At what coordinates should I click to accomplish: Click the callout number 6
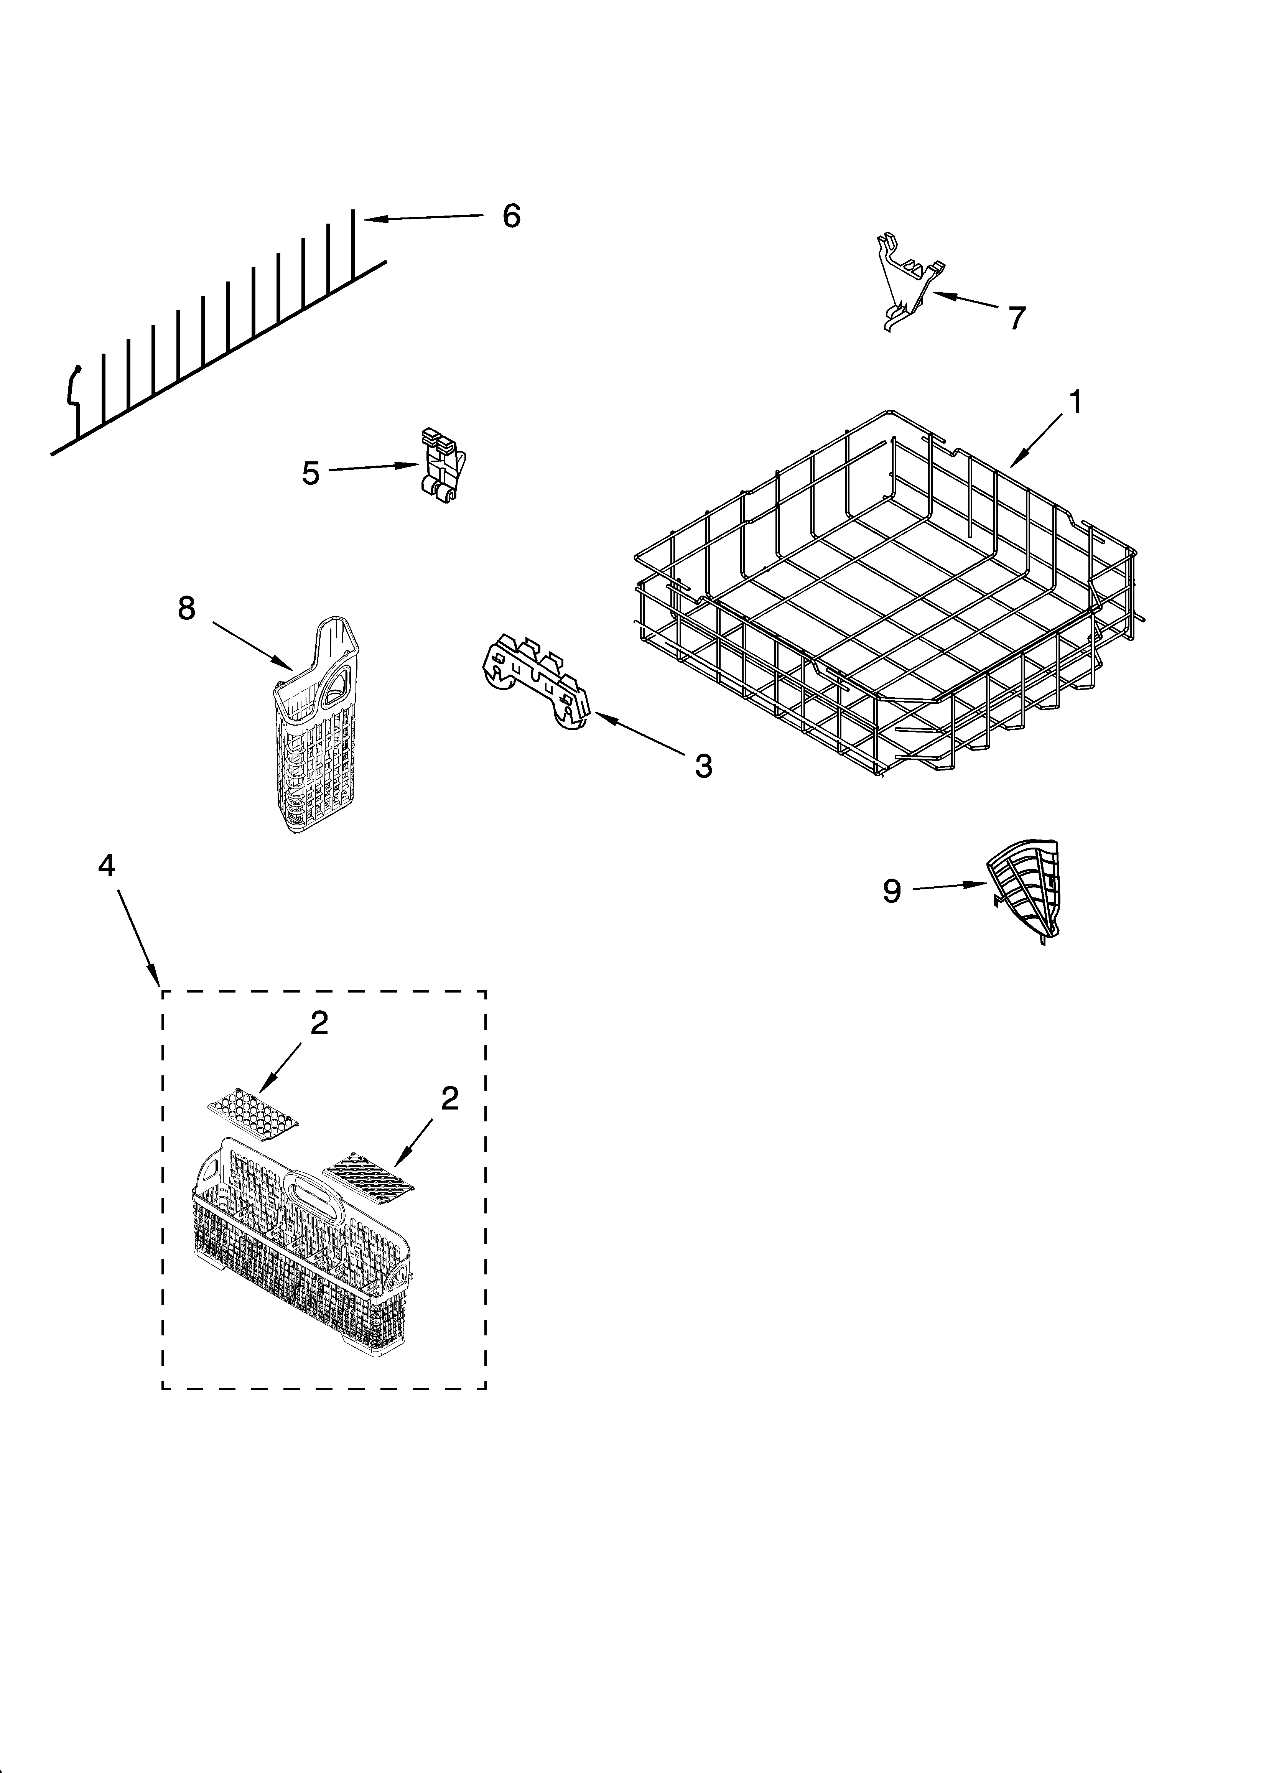pyautogui.click(x=510, y=216)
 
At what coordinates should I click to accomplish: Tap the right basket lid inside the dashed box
pyautogui.click(x=367, y=1175)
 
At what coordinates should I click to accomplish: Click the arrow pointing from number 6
pyautogui.click(x=422, y=218)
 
